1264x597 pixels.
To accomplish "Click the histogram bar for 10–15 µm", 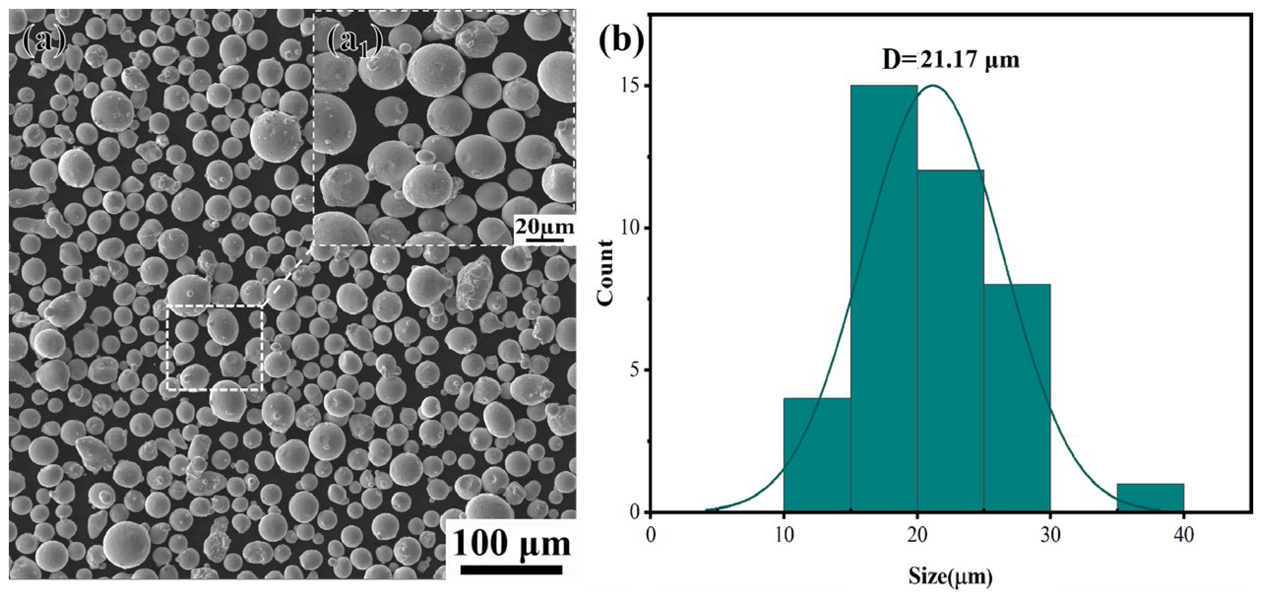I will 817,455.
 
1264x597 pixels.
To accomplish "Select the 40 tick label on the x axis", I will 1184,535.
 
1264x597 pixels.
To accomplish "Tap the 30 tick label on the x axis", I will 1050,535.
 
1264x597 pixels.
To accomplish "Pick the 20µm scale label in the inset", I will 544,227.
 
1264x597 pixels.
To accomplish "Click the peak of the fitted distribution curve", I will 933,86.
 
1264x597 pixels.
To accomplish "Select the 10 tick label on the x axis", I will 784,535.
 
